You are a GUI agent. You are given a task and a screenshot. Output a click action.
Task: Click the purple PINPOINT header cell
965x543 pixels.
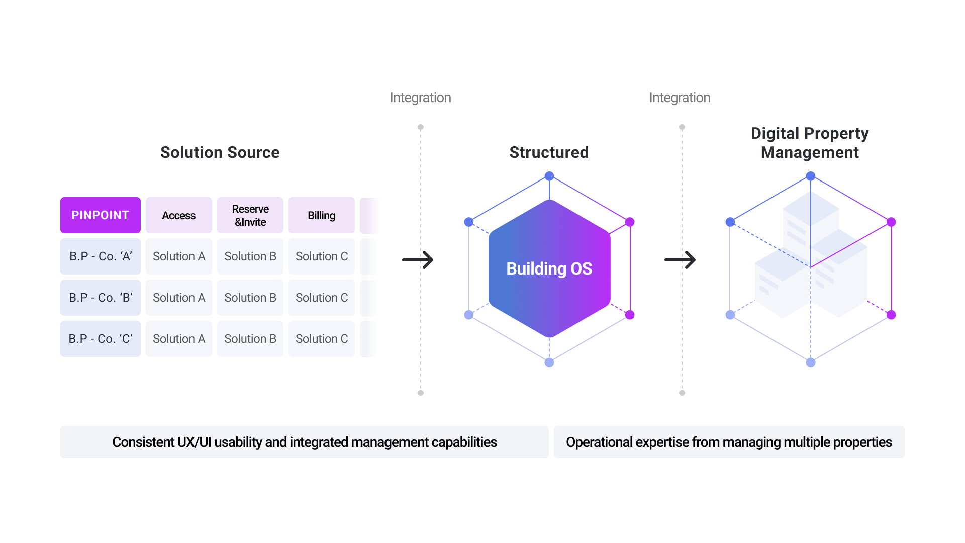click(101, 215)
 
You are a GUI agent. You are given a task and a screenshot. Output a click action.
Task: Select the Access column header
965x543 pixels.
click(179, 215)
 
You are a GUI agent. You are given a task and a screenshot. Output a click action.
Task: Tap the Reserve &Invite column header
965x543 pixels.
click(250, 215)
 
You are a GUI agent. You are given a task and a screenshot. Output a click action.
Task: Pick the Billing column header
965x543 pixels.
click(322, 215)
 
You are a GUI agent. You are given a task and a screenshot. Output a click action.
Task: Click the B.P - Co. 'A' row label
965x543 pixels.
click(101, 256)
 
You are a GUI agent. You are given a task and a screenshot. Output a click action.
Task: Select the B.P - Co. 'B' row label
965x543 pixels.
click(101, 298)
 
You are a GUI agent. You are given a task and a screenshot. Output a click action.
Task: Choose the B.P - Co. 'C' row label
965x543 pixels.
click(101, 339)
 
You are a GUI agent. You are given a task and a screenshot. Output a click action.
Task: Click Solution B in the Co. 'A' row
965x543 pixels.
click(250, 256)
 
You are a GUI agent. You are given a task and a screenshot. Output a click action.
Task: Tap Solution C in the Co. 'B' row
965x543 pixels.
click(322, 298)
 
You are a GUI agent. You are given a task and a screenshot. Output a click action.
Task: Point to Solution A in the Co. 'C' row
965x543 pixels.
click(179, 339)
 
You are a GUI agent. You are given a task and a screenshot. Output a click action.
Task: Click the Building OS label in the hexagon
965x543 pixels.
click(549, 269)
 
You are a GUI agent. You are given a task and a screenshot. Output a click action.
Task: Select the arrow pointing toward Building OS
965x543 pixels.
click(418, 260)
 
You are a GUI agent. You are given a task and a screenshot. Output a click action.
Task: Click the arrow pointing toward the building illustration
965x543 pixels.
click(680, 260)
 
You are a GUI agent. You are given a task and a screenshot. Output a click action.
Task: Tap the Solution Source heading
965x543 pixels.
click(220, 152)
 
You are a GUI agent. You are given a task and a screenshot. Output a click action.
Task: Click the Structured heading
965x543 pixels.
click(549, 152)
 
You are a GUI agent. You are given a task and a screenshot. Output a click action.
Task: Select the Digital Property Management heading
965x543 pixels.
click(810, 143)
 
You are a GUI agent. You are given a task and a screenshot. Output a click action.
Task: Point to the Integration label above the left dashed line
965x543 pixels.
click(421, 98)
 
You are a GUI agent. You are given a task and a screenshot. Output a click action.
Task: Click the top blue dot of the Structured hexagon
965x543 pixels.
click(549, 176)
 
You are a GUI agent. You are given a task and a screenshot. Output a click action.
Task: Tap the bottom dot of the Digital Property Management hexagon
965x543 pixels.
click(811, 363)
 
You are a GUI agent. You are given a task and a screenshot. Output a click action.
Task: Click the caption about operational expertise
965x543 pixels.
click(729, 442)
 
